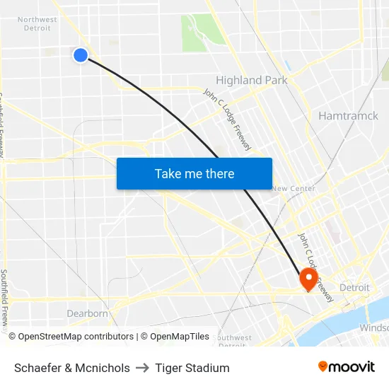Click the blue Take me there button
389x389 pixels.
pyautogui.click(x=194, y=173)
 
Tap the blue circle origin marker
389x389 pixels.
pyautogui.click(x=81, y=54)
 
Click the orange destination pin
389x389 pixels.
pyautogui.click(x=308, y=277)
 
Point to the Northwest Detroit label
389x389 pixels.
pyautogui.click(x=37, y=23)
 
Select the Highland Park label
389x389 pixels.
pyautogui.click(x=252, y=80)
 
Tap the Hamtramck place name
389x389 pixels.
pyautogui.click(x=348, y=115)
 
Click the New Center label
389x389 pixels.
pyautogui.click(x=294, y=188)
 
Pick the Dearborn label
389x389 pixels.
pyautogui.click(x=88, y=313)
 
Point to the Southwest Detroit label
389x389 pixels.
pyautogui.click(x=234, y=341)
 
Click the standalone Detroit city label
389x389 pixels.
pyautogui.click(x=354, y=287)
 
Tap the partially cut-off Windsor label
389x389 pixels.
pyautogui.click(x=374, y=327)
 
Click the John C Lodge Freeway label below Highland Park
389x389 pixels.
pyautogui.click(x=227, y=118)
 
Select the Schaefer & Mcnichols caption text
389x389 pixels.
pyautogui.click(x=72, y=368)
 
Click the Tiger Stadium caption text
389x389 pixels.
pyautogui.click(x=192, y=368)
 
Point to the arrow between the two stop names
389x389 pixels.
pyautogui.click(x=142, y=368)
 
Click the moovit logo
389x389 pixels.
pyautogui.click(x=346, y=367)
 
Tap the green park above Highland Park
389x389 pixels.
pyautogui.click(x=202, y=32)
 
